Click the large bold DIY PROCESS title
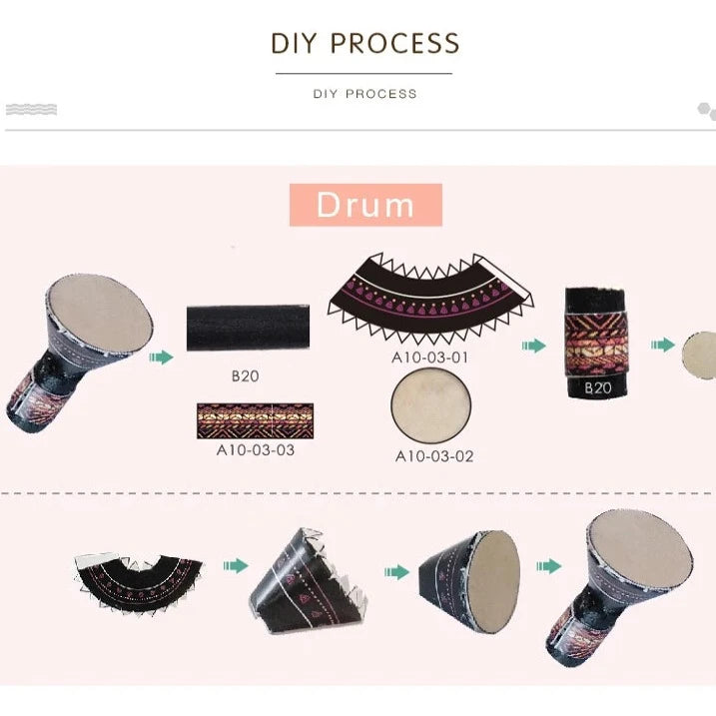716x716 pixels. click(365, 43)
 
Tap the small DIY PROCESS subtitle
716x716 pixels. click(364, 94)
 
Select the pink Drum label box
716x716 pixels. click(365, 205)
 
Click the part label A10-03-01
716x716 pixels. click(430, 358)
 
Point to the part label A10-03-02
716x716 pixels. click(434, 456)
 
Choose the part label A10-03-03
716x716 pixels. click(256, 449)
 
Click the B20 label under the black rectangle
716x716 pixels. click(246, 375)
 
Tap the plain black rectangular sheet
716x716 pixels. click(248, 328)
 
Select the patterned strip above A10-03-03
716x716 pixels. click(256, 420)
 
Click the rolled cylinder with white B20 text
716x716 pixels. click(596, 343)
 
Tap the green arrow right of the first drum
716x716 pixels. click(161, 358)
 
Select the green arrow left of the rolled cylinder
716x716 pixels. click(534, 346)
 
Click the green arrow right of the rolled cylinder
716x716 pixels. click(663, 345)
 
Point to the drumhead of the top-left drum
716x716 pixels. click(101, 314)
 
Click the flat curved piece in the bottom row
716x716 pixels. click(139, 581)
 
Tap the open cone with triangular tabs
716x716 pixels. click(309, 581)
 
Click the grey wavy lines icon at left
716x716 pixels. click(32, 110)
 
